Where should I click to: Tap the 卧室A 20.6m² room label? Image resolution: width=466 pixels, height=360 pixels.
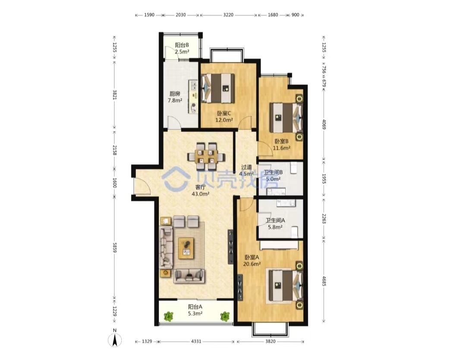coord(252,260)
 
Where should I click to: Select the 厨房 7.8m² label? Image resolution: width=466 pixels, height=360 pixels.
coord(175,97)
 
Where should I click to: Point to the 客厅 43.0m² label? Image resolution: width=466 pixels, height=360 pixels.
coord(201,191)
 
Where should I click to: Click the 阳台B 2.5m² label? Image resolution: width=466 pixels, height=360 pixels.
coord(182,48)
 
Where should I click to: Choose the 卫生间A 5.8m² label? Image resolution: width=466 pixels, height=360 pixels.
coord(275,224)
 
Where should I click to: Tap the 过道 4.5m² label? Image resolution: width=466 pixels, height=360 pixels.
coord(246,170)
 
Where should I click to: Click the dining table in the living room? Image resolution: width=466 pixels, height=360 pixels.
coord(206,156)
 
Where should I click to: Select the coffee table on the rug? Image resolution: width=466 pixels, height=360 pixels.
coord(186,248)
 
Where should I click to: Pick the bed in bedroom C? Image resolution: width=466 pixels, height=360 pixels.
coord(218,88)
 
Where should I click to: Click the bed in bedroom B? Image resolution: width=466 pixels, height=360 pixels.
coord(286,118)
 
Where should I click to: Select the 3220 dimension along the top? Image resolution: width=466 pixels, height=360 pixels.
coord(228,15)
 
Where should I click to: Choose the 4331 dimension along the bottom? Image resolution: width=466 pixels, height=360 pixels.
coord(196,341)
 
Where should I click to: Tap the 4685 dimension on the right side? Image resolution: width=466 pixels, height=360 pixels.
coord(324,281)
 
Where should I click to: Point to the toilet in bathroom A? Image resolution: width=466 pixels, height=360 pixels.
coord(294,232)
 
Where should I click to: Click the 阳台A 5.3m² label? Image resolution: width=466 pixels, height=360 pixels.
coord(195,310)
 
